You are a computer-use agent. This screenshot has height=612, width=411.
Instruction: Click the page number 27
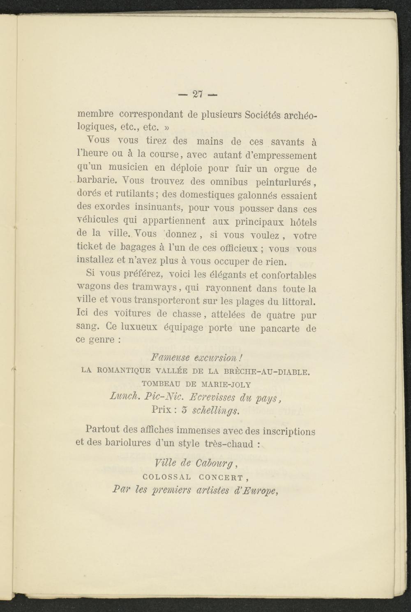click(198, 94)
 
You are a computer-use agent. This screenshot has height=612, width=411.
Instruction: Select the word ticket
click(89, 247)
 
